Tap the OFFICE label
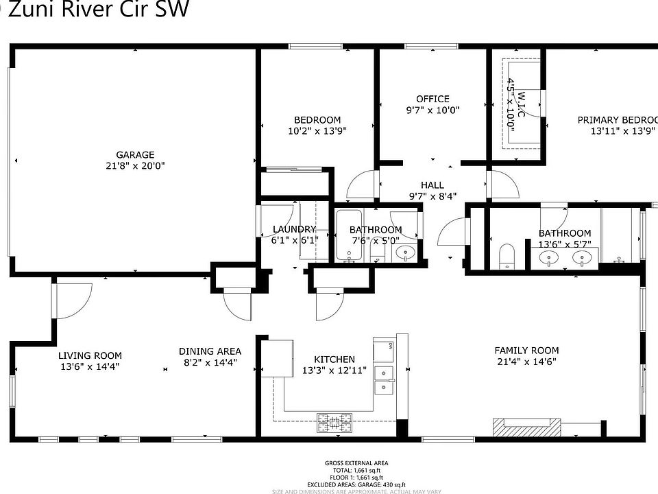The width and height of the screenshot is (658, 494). pos(432,99)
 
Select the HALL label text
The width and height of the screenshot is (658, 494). pos(432,185)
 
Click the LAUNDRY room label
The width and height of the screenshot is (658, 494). pos(294,229)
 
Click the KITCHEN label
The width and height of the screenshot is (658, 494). pos(334,360)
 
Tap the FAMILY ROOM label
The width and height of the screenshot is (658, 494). pos(526,350)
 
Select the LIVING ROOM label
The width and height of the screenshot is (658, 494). pos(90,355)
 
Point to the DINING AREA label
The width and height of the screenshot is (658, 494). pos(210,351)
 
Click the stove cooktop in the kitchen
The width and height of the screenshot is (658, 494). pos(334,423)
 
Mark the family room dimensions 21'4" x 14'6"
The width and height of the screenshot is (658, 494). pos(526,362)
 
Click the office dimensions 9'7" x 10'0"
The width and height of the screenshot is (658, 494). pos(432,110)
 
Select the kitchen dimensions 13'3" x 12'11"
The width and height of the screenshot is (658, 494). pos(334,370)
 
